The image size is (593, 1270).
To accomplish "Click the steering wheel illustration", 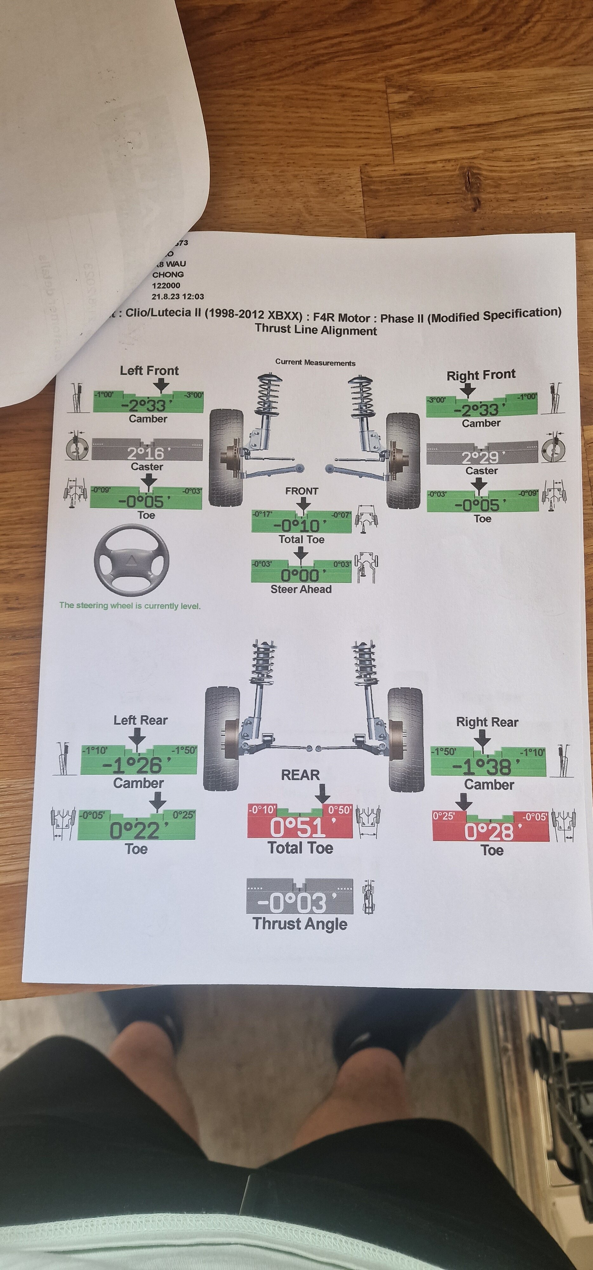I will point(132,560).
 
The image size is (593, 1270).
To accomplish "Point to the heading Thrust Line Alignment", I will point(316,330).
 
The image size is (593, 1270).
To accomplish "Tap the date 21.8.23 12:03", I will point(177,296).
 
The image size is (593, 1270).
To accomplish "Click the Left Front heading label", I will point(149,371).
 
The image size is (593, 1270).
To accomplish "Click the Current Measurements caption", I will point(315,362).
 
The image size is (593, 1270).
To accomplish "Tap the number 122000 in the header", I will point(166,285).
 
